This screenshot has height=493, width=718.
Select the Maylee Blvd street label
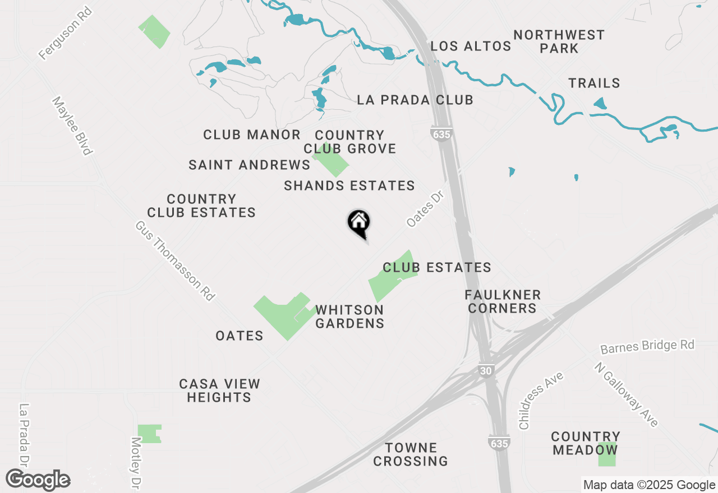coord(71,125)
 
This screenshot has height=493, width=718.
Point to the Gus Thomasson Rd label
coord(174,261)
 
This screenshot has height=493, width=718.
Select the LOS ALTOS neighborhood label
coord(471,46)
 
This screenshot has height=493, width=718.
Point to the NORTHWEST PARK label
coord(559,41)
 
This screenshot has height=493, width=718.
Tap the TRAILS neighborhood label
coord(594,83)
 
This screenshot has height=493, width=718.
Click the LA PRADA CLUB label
coord(415,100)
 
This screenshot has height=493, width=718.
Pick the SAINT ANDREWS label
coord(249,165)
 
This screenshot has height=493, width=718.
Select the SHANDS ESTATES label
coord(349,185)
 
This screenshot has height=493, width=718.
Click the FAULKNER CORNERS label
coord(503,301)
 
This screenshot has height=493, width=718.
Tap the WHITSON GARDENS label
coord(349,317)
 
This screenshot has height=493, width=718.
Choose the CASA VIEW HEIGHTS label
coord(219,390)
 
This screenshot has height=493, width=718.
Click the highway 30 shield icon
coord(486,371)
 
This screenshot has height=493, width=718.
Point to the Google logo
coord(38,480)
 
